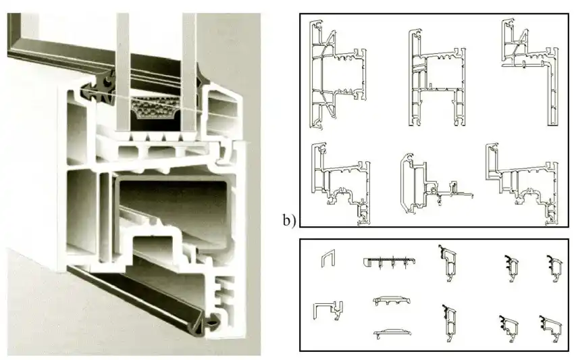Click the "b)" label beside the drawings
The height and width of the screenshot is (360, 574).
coord(290,221)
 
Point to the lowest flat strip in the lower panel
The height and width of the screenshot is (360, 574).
coord(394,332)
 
